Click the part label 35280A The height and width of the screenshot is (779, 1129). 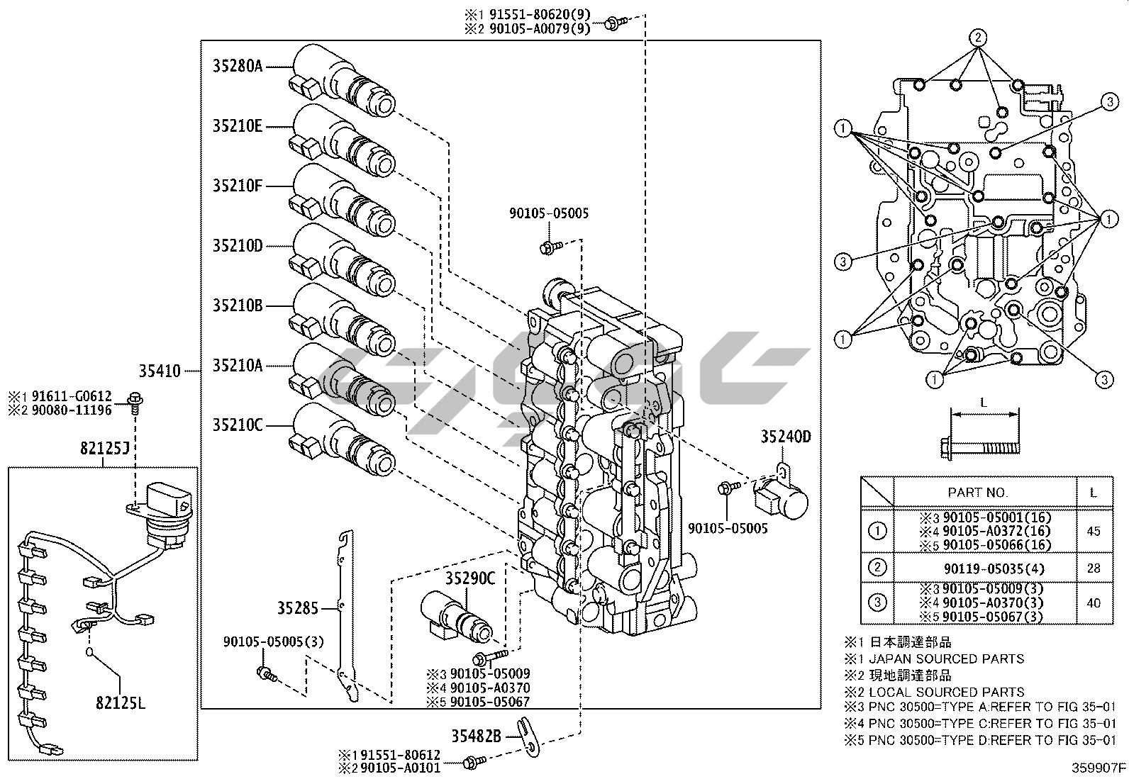pos(238,67)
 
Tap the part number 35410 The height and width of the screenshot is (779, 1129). pos(160,370)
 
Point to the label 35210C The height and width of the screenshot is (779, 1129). pos(238,425)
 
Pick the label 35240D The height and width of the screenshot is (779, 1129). pos(786,437)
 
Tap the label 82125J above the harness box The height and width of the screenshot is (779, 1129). pos(104,449)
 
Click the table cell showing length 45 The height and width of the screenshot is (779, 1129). pos(1094,531)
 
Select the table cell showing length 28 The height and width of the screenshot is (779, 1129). pos(1094,568)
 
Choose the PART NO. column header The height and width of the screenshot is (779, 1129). pos(978,492)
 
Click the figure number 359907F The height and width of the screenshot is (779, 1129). pos(1098,768)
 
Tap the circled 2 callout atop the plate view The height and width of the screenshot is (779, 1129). pos(978,38)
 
